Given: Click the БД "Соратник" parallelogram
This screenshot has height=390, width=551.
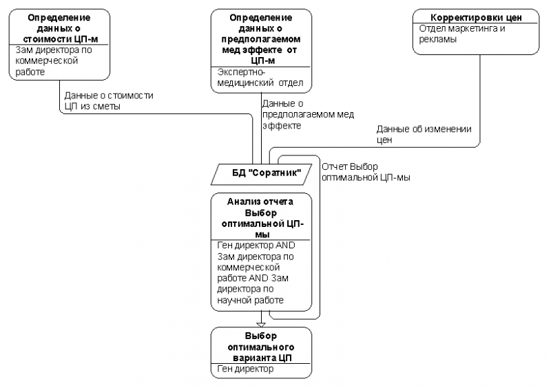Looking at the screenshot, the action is pos(261,174).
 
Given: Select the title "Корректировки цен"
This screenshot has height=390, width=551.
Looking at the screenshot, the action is pos(476,17).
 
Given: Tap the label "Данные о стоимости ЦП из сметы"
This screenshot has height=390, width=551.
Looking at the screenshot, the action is pos(109,100).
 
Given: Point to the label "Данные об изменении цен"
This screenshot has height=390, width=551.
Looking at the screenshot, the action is pos(424,134).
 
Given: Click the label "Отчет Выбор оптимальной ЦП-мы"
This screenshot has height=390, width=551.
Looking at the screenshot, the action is pos(366,172).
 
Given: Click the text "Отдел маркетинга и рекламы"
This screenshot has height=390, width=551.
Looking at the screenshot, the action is pos(461,34).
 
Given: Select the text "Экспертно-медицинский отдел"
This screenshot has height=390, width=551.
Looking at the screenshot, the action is pos(260,78).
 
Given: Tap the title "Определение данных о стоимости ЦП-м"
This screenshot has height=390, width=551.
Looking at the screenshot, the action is pos(59,28).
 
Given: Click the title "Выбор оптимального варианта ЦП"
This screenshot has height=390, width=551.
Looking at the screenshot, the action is pos(261,347).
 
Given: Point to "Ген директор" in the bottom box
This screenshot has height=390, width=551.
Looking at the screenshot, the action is pos(245,369).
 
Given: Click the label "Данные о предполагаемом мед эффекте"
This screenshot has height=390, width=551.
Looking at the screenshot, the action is pos(308,114).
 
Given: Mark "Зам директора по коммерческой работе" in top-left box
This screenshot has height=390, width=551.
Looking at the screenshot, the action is pos(54,61).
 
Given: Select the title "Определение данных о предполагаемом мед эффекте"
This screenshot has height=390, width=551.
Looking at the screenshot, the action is pos(261,39).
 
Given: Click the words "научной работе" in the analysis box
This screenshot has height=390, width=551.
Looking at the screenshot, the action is pos(250,300).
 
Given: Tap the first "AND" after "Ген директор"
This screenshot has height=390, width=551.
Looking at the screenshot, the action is pos(285,245).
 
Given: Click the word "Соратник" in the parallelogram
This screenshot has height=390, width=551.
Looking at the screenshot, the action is pos(277,173).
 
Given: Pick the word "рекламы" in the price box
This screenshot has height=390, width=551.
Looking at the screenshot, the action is pos(437,39).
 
